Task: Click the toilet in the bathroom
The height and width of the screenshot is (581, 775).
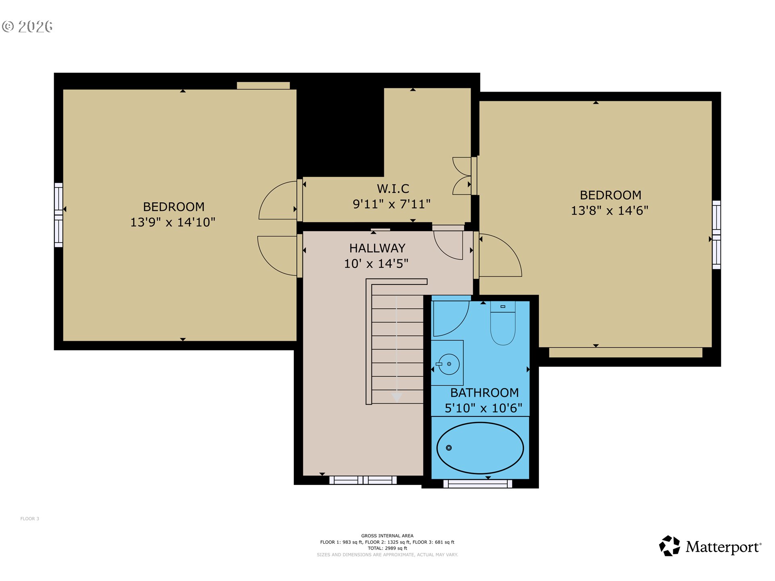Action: click(503, 325)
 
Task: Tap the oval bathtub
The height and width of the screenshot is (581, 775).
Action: click(480, 448)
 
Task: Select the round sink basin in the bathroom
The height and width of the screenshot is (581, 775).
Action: click(449, 364)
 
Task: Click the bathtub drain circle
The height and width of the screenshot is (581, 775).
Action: click(448, 448)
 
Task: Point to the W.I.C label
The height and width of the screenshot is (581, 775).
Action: click(393, 188)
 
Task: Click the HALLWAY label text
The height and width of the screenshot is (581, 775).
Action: click(377, 248)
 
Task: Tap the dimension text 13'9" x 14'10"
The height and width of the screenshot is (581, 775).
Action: click(173, 222)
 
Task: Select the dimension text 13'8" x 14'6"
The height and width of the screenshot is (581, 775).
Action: click(610, 211)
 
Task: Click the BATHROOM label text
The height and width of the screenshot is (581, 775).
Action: click(484, 393)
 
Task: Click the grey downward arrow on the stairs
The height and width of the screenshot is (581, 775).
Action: click(397, 397)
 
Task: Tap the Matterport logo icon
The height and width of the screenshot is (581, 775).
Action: click(670, 546)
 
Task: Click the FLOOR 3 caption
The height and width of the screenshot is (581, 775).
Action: click(30, 519)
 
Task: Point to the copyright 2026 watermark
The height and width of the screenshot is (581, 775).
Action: click(27, 27)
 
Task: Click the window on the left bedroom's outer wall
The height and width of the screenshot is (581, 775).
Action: click(59, 215)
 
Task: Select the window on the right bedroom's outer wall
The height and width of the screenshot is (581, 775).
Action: click(716, 234)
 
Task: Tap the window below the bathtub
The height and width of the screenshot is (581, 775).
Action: click(478, 483)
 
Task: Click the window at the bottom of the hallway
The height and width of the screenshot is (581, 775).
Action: click(363, 480)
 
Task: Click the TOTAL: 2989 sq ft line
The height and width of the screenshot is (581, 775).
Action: click(387, 548)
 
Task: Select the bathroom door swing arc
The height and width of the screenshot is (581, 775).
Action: click(451, 319)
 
